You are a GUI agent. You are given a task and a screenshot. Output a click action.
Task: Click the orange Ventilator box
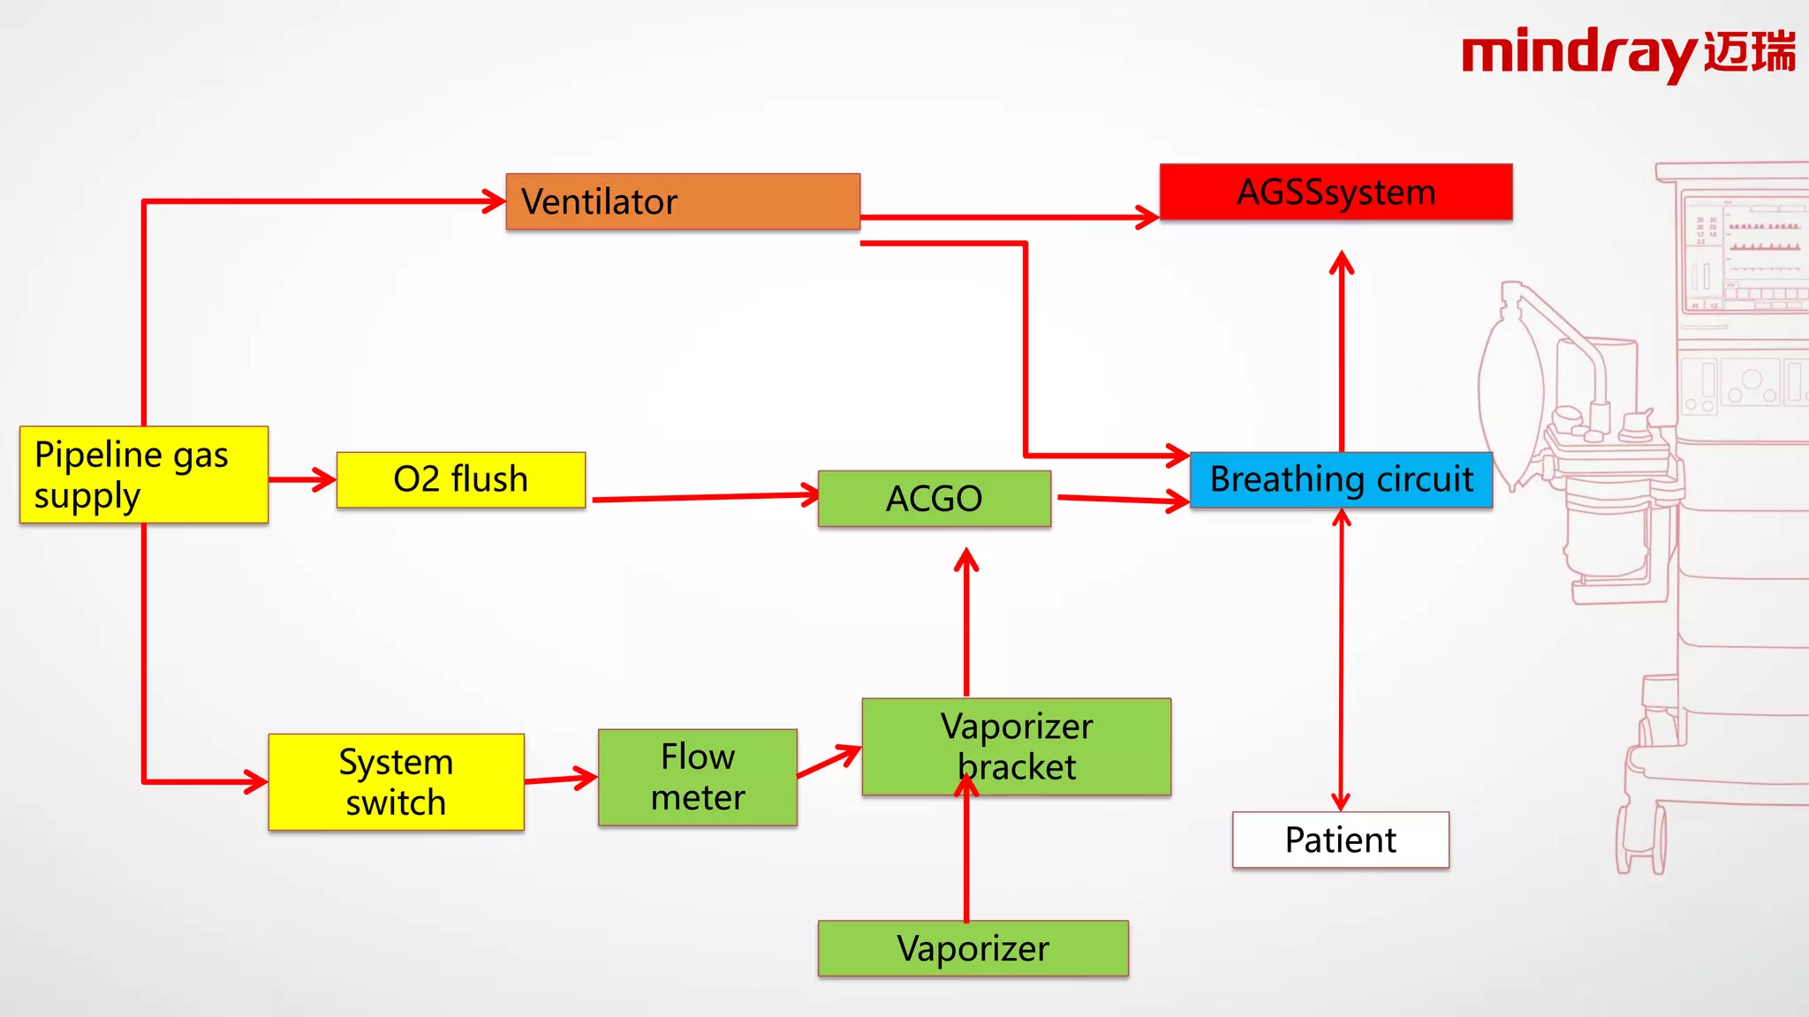pos(683,201)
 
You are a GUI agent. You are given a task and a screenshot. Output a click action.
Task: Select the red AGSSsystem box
pos(1336,192)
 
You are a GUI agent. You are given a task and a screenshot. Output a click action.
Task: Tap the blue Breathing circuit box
pos(1341,479)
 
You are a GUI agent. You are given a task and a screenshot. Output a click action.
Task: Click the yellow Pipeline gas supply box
pos(144,475)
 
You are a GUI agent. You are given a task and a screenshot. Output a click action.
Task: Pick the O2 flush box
pos(460,479)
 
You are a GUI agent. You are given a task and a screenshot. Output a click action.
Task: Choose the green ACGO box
pos(934,499)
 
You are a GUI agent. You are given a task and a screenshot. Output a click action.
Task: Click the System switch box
pos(396,782)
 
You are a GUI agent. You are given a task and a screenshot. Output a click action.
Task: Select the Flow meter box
pos(697,778)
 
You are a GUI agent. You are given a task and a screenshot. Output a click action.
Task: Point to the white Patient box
pos(1340,840)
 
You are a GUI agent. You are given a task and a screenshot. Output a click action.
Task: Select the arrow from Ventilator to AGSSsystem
pos(1007,216)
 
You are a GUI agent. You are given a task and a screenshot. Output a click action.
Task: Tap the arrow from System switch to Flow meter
pos(560,780)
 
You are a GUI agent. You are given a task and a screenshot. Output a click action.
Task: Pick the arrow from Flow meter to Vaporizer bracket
pos(829,762)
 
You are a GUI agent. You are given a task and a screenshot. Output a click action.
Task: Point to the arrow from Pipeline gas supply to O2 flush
pos(301,480)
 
